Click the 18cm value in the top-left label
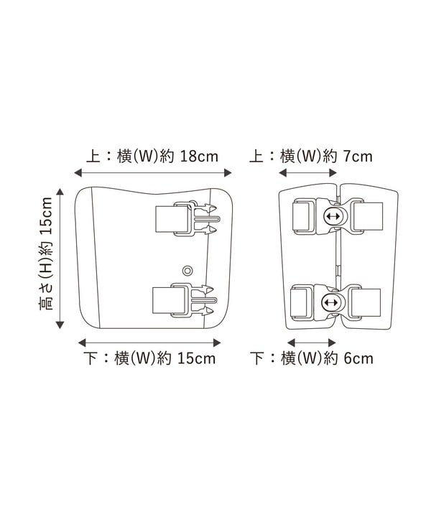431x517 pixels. tap(199, 157)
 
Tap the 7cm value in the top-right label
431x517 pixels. tap(358, 157)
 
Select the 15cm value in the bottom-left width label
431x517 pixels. tap(197, 358)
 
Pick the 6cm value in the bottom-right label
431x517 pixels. tap(358, 358)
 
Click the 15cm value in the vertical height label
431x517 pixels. tap(45, 216)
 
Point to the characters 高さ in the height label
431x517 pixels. tap(45, 297)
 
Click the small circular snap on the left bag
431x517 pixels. tap(187, 271)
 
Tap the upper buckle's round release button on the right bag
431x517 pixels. tap(335, 217)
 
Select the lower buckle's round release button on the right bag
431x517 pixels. tap(331, 303)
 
